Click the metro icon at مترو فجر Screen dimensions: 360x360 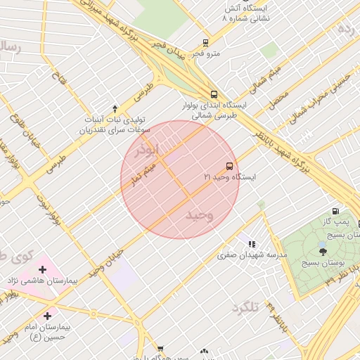tap(205, 42)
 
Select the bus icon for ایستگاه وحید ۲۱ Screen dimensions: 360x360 tap(229, 166)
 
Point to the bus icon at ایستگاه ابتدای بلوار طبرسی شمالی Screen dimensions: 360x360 tap(214, 94)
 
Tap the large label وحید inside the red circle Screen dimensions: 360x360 tap(198, 215)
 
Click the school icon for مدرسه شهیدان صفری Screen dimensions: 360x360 tap(251, 244)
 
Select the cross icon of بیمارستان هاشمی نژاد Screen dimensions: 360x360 tap(43, 269)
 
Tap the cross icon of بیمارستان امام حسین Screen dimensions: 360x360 tap(47, 316)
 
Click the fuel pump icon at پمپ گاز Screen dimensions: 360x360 tap(335, 211)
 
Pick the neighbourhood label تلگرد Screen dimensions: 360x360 tap(245, 307)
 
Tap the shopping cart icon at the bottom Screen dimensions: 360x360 tap(160, 348)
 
